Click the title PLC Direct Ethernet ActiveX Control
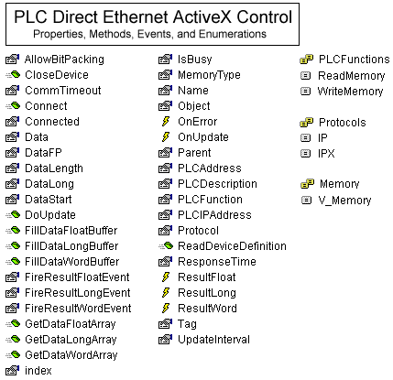tap(153, 16)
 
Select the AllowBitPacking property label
tap(64, 60)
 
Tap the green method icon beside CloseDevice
tap(13, 74)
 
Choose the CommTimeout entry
tap(63, 91)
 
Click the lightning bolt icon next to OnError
tap(166, 122)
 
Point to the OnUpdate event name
tap(203, 137)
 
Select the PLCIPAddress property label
tap(214, 215)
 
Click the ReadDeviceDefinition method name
tap(232, 246)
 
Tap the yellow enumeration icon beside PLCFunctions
tap(306, 60)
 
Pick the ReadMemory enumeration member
tap(352, 76)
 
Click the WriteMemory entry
tap(350, 92)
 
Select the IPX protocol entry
tap(326, 153)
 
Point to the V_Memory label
tap(344, 201)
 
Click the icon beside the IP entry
tap(306, 137)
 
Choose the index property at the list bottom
tap(38, 371)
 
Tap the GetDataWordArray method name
tap(71, 355)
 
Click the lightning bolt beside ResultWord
tap(166, 308)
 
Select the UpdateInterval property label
tap(213, 340)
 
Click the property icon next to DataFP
tap(12, 152)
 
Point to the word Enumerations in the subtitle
tap(233, 34)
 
